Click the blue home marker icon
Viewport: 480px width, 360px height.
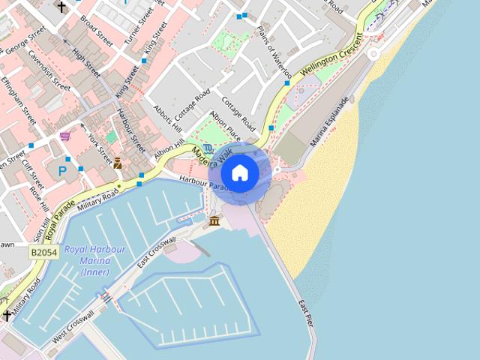[240, 172]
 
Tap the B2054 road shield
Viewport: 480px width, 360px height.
[44, 253]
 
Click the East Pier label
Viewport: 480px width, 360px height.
[304, 313]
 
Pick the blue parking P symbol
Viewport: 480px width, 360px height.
[62, 171]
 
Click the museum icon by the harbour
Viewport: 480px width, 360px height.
[215, 220]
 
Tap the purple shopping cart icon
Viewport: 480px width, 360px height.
[65, 136]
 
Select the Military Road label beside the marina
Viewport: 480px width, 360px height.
[97, 198]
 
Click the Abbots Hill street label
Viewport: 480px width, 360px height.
[163, 114]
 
